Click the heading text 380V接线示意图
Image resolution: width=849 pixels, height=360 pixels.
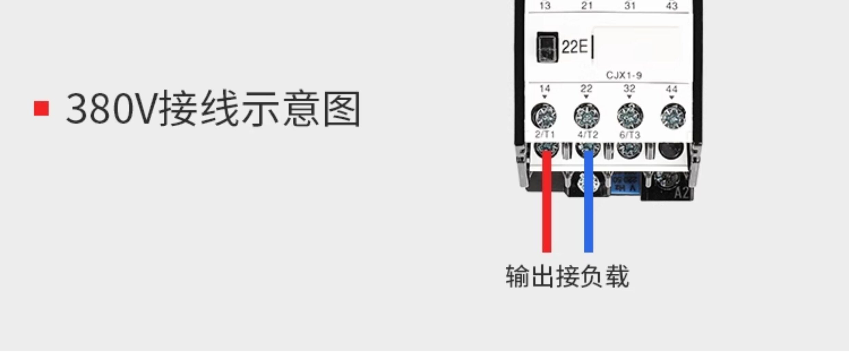click(213, 109)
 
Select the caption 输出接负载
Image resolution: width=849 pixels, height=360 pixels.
click(567, 277)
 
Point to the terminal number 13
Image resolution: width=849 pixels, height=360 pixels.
click(545, 6)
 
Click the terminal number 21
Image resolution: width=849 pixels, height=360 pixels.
click(587, 5)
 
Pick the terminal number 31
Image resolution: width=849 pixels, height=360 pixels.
click(630, 5)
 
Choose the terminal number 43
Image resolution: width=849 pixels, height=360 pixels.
click(672, 6)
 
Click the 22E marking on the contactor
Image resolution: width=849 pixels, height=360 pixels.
click(574, 47)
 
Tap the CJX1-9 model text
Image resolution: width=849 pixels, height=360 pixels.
click(624, 75)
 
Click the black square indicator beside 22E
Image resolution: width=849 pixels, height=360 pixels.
click(547, 47)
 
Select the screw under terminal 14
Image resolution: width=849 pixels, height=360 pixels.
click(544, 116)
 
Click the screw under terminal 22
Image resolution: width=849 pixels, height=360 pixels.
click(587, 116)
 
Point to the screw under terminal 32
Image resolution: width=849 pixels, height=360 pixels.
click(630, 116)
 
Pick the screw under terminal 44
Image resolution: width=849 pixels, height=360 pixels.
click(673, 116)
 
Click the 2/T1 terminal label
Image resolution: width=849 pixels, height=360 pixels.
click(545, 134)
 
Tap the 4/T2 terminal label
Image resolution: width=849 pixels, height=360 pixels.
click(588, 134)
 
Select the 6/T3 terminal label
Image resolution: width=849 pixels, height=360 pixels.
click(630, 135)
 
